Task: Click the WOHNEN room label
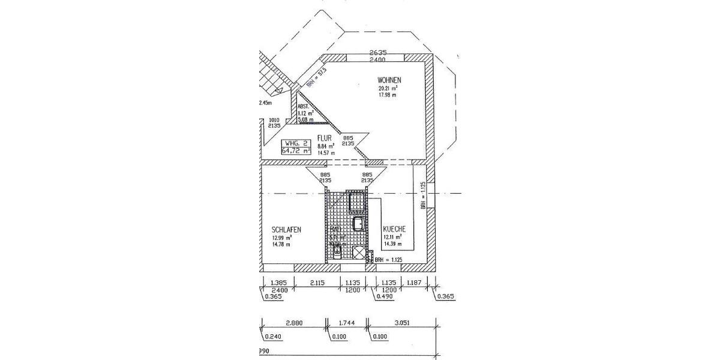tap(389, 80)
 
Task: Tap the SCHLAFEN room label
tap(286, 230)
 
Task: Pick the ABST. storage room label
tap(305, 106)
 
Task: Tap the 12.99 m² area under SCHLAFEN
tap(281, 238)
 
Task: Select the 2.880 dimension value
tap(294, 323)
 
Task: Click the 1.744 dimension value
tap(348, 323)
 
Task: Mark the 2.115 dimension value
tap(318, 283)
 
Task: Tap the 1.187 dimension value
tap(415, 283)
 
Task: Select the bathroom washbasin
tap(358, 225)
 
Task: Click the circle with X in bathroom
tap(359, 254)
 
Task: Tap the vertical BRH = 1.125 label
tap(423, 195)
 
